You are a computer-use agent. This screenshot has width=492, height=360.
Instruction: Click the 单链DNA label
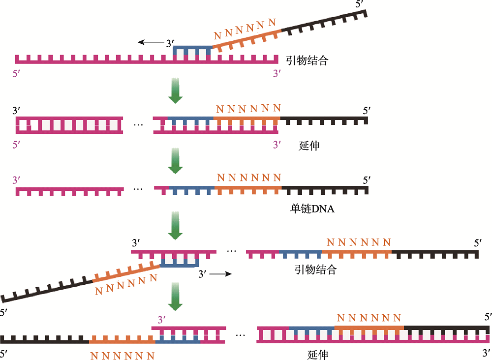(x=312, y=209)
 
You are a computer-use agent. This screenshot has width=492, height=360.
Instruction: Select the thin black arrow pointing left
(x=152, y=42)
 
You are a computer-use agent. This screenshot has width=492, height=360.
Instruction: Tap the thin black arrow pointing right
(x=220, y=274)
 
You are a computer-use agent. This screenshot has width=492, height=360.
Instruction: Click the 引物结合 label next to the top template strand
(x=307, y=60)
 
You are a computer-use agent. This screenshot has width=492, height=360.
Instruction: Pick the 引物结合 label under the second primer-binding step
(x=315, y=270)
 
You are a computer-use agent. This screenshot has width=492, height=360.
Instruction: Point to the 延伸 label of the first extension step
(x=309, y=146)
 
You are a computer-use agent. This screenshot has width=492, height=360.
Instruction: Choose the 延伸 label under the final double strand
(x=317, y=355)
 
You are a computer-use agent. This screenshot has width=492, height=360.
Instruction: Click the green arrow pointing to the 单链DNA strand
(x=176, y=160)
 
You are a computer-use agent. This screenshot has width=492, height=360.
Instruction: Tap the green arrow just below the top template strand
(x=176, y=90)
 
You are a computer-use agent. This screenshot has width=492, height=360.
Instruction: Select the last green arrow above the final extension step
(x=176, y=297)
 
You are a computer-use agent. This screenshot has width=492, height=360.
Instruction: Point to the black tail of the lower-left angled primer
(x=47, y=290)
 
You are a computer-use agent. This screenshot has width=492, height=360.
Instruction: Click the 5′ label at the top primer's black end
(x=360, y=4)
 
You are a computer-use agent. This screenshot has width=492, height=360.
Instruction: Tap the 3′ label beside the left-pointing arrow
(x=170, y=43)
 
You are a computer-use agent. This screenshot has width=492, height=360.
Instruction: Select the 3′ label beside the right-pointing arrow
(x=202, y=274)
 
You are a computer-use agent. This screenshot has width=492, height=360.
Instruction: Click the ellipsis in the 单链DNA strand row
(x=138, y=189)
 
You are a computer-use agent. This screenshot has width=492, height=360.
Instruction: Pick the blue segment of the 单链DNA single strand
(x=192, y=190)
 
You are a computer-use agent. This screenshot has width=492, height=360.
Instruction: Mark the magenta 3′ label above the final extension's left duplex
(x=161, y=320)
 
